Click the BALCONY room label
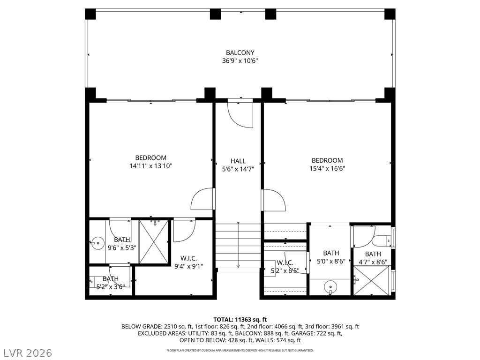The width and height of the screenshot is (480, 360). click(240, 52)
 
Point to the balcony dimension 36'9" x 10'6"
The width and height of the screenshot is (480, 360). click(240, 61)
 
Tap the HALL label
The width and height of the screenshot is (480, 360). click(238, 161)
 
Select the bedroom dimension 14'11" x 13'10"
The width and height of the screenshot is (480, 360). click(150, 166)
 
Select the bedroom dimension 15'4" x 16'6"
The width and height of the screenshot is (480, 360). click(327, 169)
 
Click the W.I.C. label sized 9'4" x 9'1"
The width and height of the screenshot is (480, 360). click(188, 258)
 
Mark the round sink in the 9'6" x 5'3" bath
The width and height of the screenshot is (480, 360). click(98, 243)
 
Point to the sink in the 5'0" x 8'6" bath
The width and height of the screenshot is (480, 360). click(331, 286)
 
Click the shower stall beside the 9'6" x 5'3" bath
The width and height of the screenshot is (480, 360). click(154, 242)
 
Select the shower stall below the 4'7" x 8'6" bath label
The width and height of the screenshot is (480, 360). click(371, 281)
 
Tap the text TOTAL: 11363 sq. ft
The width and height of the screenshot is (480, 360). click(240, 320)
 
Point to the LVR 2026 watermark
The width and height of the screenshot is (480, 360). click(27, 352)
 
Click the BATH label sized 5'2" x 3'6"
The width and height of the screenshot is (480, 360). click(111, 279)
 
